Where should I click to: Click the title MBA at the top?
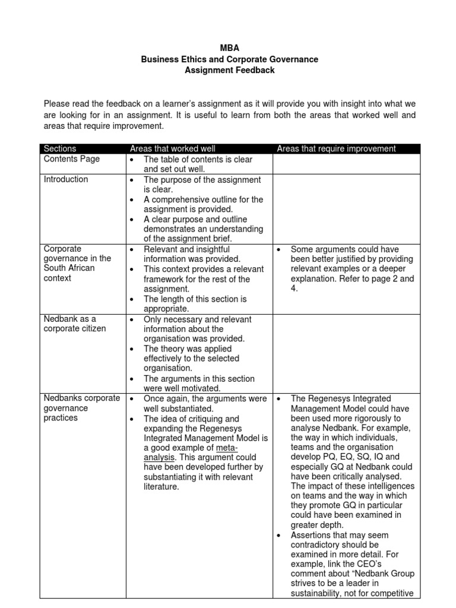click(229, 49)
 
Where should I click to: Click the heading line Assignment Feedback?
click(229, 70)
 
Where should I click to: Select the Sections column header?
click(60, 148)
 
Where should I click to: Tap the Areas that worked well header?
click(173, 148)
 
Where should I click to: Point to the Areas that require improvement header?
click(336, 148)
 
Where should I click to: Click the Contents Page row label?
click(72, 159)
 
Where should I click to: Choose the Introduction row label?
click(66, 179)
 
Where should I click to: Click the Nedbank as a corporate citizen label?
click(70, 324)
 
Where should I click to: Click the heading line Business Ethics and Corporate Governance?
click(229, 59)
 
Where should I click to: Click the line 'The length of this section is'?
click(195, 299)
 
